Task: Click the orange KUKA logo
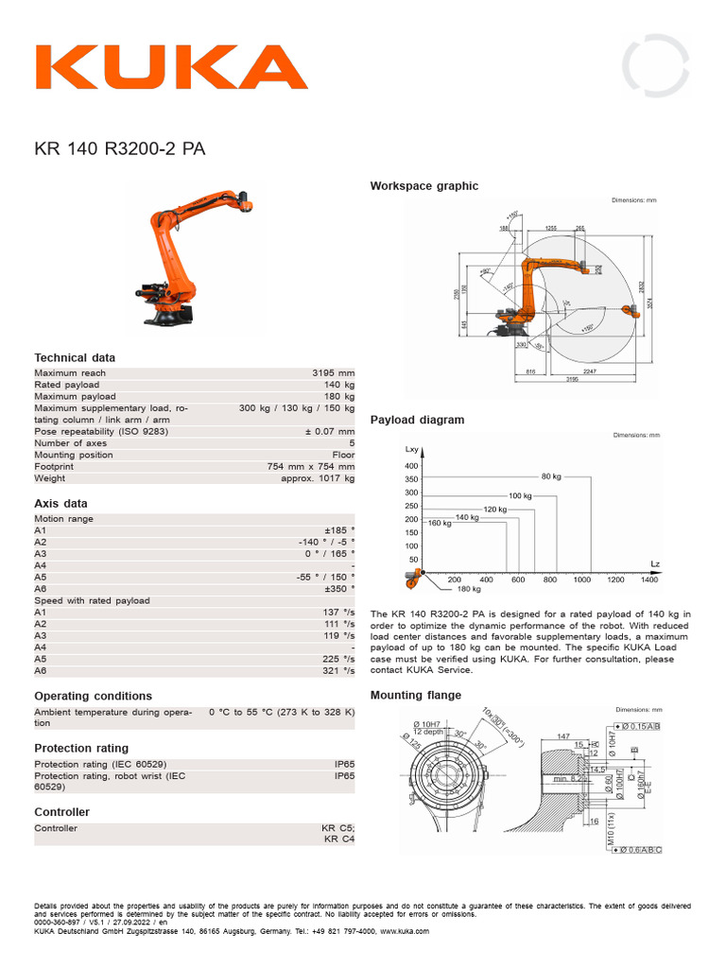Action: (171, 67)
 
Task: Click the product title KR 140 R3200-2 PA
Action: (120, 148)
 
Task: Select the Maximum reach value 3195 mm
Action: (334, 373)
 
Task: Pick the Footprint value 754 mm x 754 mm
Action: (311, 466)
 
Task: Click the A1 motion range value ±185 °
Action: (339, 530)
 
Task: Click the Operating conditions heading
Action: (93, 696)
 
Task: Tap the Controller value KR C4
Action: (339, 838)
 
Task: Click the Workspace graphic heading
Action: (423, 186)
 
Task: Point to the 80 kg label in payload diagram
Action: (551, 475)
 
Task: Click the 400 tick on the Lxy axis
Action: (411, 466)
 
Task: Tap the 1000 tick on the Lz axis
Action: (582, 579)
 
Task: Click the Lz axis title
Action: (655, 563)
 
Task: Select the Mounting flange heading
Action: (416, 695)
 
